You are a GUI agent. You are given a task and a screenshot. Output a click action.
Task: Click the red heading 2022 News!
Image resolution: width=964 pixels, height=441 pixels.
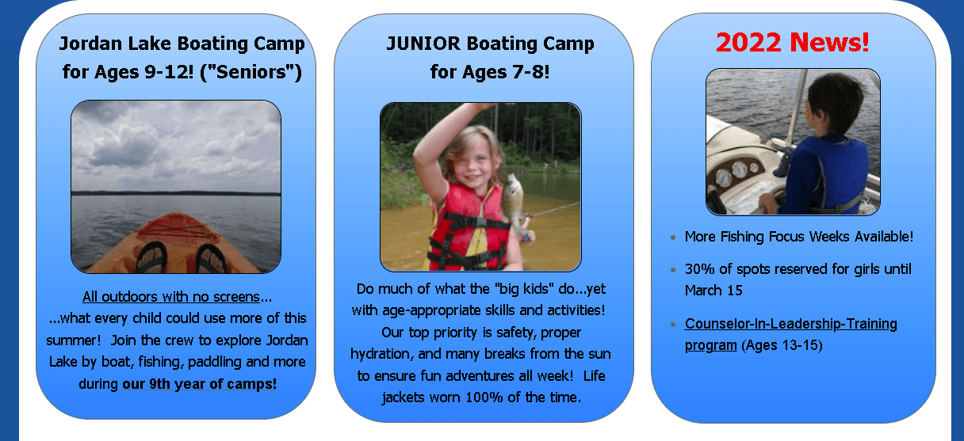point(792,43)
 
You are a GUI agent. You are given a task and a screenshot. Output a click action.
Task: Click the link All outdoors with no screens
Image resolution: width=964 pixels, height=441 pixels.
point(171,297)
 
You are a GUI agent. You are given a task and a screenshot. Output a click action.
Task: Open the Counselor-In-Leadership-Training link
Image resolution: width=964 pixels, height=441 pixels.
point(791,334)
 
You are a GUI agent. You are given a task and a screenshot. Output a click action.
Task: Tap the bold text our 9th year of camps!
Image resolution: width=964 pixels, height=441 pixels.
point(199,384)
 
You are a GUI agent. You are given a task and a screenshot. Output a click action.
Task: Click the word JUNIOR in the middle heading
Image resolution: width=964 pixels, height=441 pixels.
point(423,44)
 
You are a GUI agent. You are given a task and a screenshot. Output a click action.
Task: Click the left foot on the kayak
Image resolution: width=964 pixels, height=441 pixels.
point(151,257)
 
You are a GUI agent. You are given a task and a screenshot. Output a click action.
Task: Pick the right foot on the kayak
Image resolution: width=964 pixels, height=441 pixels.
point(211,259)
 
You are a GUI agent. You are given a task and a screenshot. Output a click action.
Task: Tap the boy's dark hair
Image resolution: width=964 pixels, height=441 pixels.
point(835,103)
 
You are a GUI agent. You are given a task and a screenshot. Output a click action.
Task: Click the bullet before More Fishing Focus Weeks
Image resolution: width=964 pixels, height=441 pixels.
point(673,238)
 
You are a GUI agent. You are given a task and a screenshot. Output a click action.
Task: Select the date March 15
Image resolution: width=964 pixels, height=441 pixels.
point(713,291)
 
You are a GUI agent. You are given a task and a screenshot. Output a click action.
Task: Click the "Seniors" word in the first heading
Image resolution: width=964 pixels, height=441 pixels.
point(251,72)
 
